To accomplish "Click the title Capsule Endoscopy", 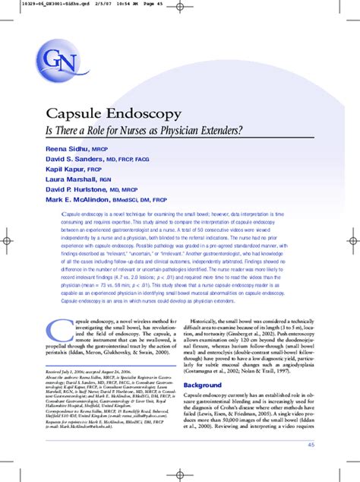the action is point(114,114).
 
